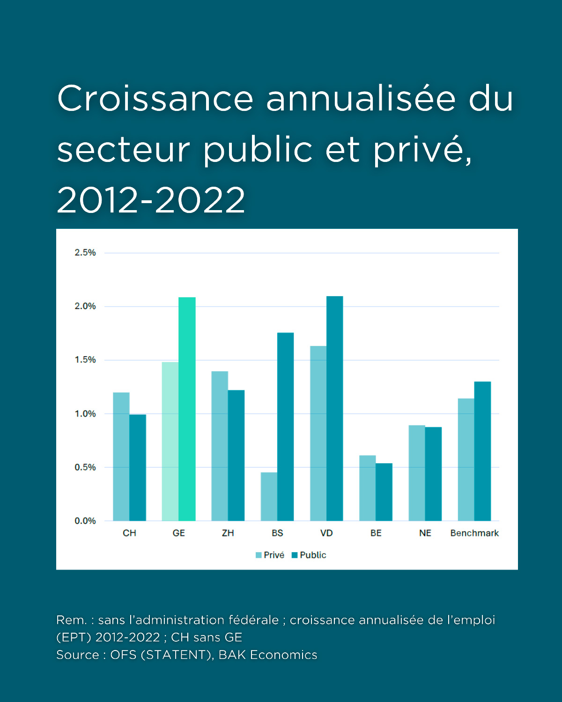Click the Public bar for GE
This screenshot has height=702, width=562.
tap(187, 409)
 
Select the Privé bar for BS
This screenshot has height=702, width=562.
tap(269, 497)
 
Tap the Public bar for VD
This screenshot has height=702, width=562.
tap(334, 409)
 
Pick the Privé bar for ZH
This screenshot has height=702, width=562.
tap(220, 446)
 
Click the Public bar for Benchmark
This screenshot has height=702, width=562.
tap(482, 451)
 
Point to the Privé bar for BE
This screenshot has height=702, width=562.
tap(367, 488)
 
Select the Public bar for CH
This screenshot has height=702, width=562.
tap(138, 468)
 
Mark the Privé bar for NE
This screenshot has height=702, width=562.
tap(417, 473)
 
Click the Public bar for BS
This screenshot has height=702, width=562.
tap(285, 427)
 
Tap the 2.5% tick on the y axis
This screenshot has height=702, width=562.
tap(85, 253)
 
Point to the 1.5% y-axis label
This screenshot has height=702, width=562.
tap(85, 360)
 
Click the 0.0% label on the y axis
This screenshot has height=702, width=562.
tap(85, 521)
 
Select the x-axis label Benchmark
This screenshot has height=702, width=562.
tap(474, 533)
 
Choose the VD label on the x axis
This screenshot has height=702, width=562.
tap(326, 533)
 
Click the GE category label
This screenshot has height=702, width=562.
tap(178, 533)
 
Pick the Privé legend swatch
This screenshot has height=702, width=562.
tap(259, 555)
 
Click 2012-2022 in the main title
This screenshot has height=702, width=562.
tap(151, 200)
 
